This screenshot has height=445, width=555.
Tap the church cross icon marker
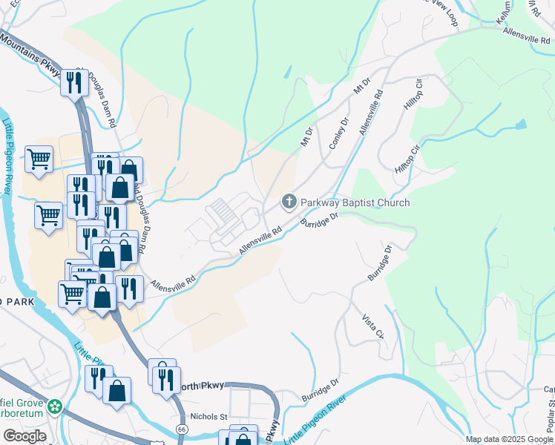(x=289, y=202)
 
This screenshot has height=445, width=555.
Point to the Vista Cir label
(x=373, y=326)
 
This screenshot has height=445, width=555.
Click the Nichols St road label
(x=209, y=417)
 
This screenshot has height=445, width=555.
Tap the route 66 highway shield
(x=182, y=429)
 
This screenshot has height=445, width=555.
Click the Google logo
(x=24, y=436)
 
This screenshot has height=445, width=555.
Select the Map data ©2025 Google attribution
(x=508, y=439)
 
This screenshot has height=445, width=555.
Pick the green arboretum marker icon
(x=54, y=406)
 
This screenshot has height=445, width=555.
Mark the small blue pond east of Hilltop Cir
(x=521, y=124)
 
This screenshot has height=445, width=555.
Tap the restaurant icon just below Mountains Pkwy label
(x=74, y=82)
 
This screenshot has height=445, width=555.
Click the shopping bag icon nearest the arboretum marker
(x=117, y=391)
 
